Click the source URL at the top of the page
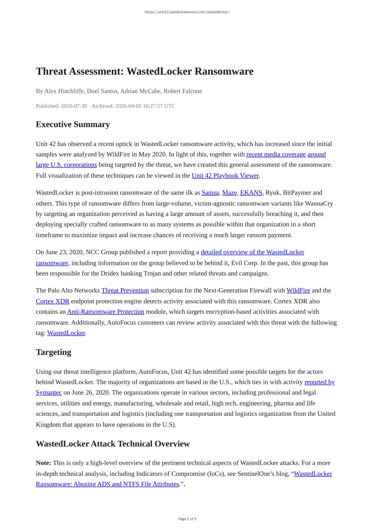click(187, 12)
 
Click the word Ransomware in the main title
click(224, 71)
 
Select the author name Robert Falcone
click(183, 91)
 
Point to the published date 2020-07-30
click(74, 106)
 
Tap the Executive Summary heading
click(73, 124)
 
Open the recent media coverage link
click(276, 154)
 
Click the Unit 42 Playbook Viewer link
click(225, 175)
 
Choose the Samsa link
click(210, 193)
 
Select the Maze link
click(229, 193)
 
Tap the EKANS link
click(251, 193)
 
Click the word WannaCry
click(319, 203)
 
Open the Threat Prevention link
click(125, 290)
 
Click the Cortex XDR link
click(53, 301)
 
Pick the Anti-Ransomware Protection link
click(105, 311)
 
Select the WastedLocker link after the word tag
click(66, 333)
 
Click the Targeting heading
click(53, 352)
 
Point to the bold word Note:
click(43, 463)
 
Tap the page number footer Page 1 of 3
click(187, 519)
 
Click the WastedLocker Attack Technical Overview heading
click(113, 444)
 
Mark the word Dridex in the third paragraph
click(110, 273)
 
